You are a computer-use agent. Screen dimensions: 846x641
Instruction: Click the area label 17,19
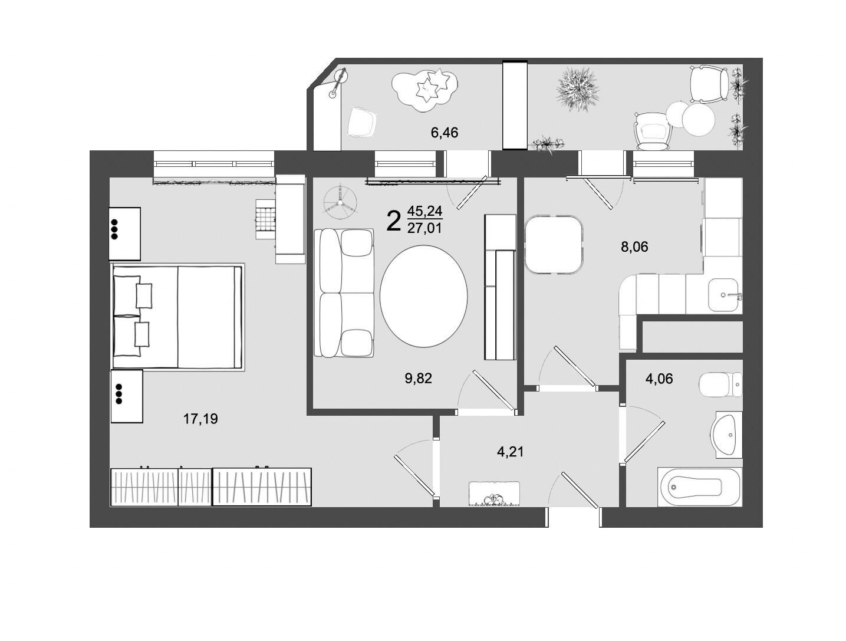tap(200, 419)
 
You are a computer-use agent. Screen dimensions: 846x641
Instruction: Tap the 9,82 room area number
tap(418, 378)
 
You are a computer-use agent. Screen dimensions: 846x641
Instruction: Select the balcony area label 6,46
tap(444, 133)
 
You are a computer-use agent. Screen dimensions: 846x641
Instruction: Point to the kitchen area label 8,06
tap(634, 246)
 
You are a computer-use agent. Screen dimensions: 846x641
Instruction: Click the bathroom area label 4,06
tap(659, 379)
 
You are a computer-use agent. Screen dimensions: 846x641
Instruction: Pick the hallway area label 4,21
tap(510, 451)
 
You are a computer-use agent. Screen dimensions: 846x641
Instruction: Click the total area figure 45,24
tap(424, 211)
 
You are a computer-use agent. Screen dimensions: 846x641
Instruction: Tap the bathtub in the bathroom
tap(699, 487)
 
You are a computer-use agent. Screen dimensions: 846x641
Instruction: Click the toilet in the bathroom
tap(720, 384)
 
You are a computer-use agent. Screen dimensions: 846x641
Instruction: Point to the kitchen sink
tap(725, 295)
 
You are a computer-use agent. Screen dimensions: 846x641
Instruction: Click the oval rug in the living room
tap(423, 297)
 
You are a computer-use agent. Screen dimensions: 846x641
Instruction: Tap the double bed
tap(177, 317)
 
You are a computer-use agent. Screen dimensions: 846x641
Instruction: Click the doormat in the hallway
tap(493, 494)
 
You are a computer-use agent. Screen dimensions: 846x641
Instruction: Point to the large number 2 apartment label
tap(393, 221)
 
